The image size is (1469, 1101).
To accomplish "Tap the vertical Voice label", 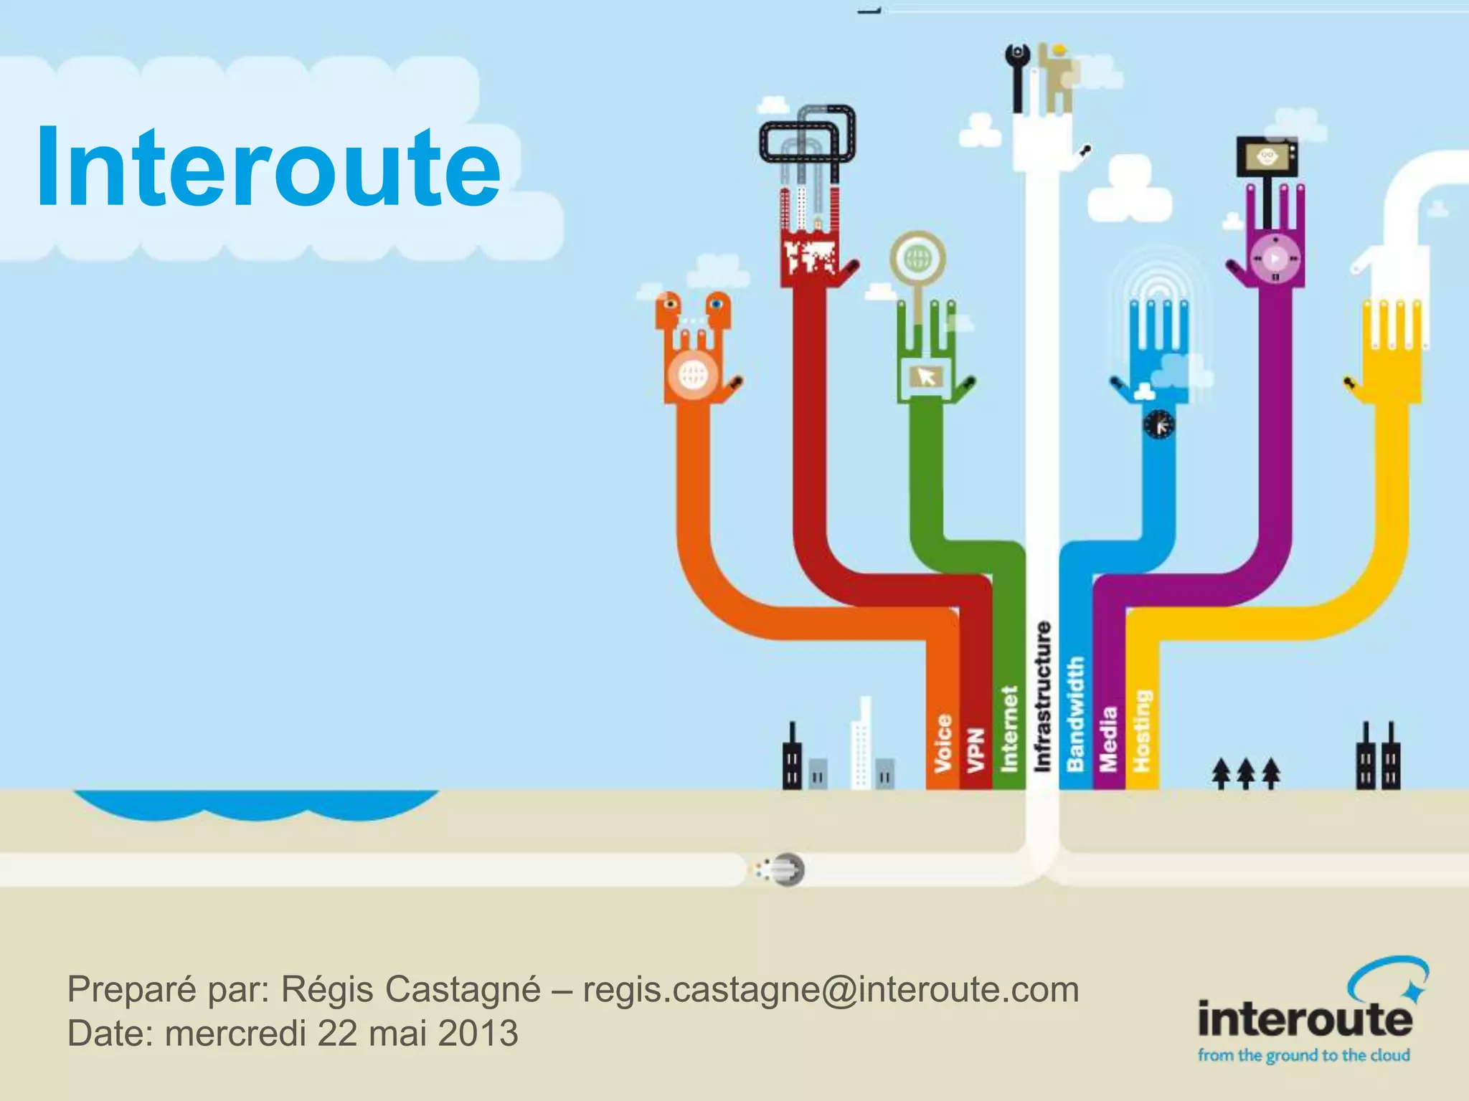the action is coord(943,743).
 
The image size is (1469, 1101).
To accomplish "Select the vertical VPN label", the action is coord(975,750).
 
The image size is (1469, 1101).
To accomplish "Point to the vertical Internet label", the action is coord(1009,728).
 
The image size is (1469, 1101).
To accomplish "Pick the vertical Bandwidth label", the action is coord(1075,714).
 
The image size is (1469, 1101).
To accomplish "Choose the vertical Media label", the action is coord(1108,739).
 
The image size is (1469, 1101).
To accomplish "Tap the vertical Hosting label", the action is coord(1141,730).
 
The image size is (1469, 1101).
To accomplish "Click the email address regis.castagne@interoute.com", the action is coord(831,990).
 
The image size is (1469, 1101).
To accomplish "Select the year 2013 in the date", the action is coord(478,1033).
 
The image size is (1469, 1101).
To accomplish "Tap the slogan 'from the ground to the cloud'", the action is coord(1303,1055).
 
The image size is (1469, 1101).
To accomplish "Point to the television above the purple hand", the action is coord(1267,156).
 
